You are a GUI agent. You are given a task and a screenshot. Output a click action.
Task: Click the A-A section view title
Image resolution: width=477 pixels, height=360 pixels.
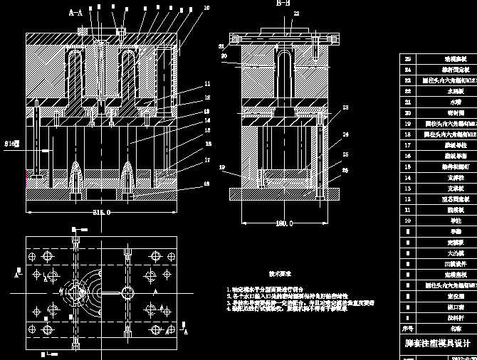coord(75,12)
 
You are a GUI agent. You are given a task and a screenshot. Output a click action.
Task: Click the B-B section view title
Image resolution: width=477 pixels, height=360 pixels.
coord(283,4)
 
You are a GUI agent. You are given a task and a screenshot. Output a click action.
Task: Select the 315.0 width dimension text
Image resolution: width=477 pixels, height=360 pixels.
coord(100,212)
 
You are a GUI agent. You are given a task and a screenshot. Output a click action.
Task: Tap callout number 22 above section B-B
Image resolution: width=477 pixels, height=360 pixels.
coord(296,14)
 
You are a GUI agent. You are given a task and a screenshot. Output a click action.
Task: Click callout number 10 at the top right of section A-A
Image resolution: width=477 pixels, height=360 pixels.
coord(206,8)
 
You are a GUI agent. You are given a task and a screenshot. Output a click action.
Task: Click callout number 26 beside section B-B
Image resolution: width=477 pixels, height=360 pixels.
coord(345,170)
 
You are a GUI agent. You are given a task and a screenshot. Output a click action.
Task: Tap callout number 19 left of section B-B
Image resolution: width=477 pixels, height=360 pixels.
coord(222,168)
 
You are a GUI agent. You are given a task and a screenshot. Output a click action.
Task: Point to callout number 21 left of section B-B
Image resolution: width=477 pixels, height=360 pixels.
coord(221,46)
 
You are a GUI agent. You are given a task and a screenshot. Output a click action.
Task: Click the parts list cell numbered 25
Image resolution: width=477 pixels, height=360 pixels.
coord(408,60)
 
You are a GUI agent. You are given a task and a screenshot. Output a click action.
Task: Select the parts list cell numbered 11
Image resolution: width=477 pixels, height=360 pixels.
coord(408,210)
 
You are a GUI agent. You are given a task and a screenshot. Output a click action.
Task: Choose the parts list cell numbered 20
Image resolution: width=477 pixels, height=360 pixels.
coord(408,112)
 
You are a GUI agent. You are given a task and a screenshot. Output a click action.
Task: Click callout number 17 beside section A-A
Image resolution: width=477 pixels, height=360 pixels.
coord(206,160)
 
